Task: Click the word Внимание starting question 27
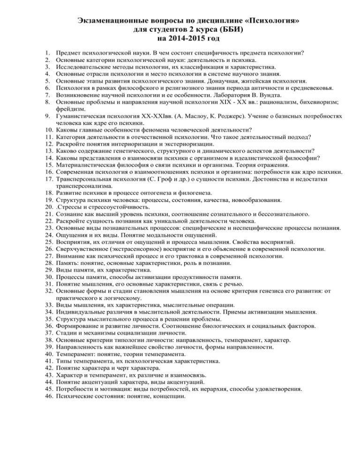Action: click(x=70, y=256)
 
